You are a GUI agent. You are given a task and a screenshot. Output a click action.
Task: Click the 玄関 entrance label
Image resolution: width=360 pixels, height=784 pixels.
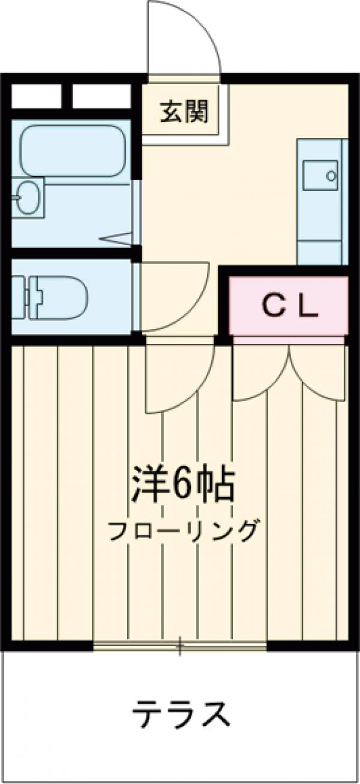tap(184, 112)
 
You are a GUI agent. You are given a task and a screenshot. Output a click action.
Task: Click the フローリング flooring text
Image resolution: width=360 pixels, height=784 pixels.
tap(184, 530)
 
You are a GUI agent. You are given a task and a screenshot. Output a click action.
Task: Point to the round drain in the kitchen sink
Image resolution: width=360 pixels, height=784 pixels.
tap(332, 175)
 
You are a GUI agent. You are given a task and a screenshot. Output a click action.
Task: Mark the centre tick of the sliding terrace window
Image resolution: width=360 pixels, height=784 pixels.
tap(179, 647)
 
